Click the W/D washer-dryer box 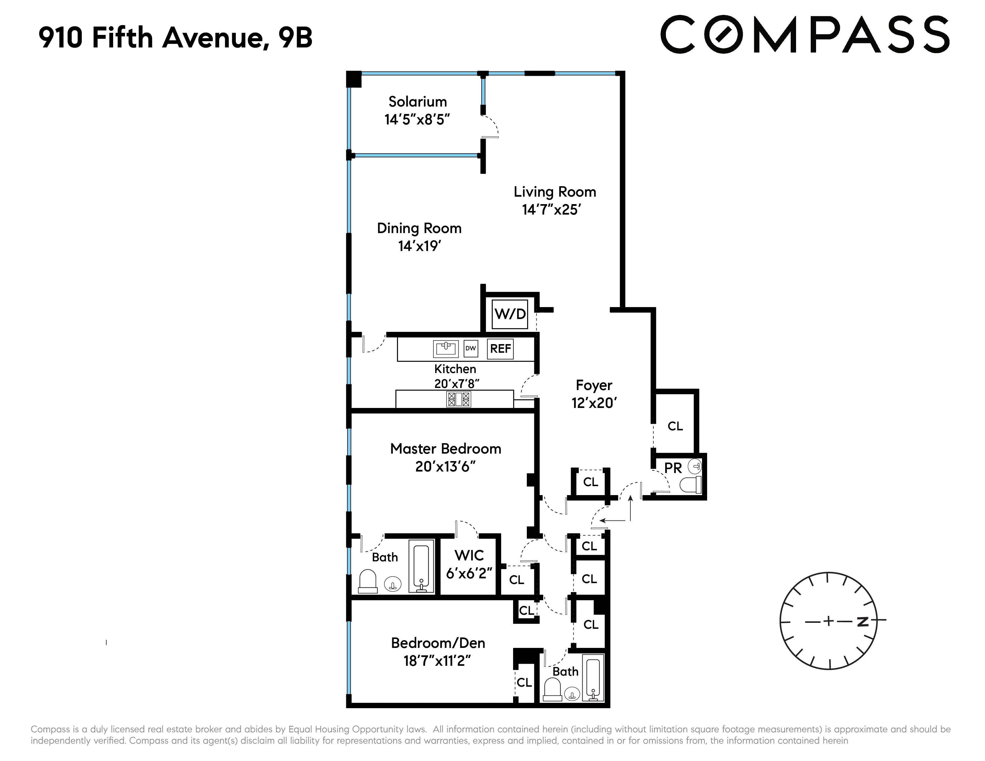[x=510, y=314]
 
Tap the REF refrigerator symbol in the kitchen [x=501, y=349]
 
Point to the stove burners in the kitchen [x=458, y=399]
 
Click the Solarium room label [x=418, y=102]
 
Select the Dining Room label [x=419, y=229]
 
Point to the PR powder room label [x=673, y=469]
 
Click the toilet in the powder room [x=690, y=485]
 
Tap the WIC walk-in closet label [x=469, y=555]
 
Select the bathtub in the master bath [x=421, y=566]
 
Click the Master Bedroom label [x=446, y=449]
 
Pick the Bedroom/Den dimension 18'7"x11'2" [x=437, y=661]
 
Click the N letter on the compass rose [x=862, y=622]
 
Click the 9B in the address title [x=295, y=38]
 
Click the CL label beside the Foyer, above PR [x=675, y=426]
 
